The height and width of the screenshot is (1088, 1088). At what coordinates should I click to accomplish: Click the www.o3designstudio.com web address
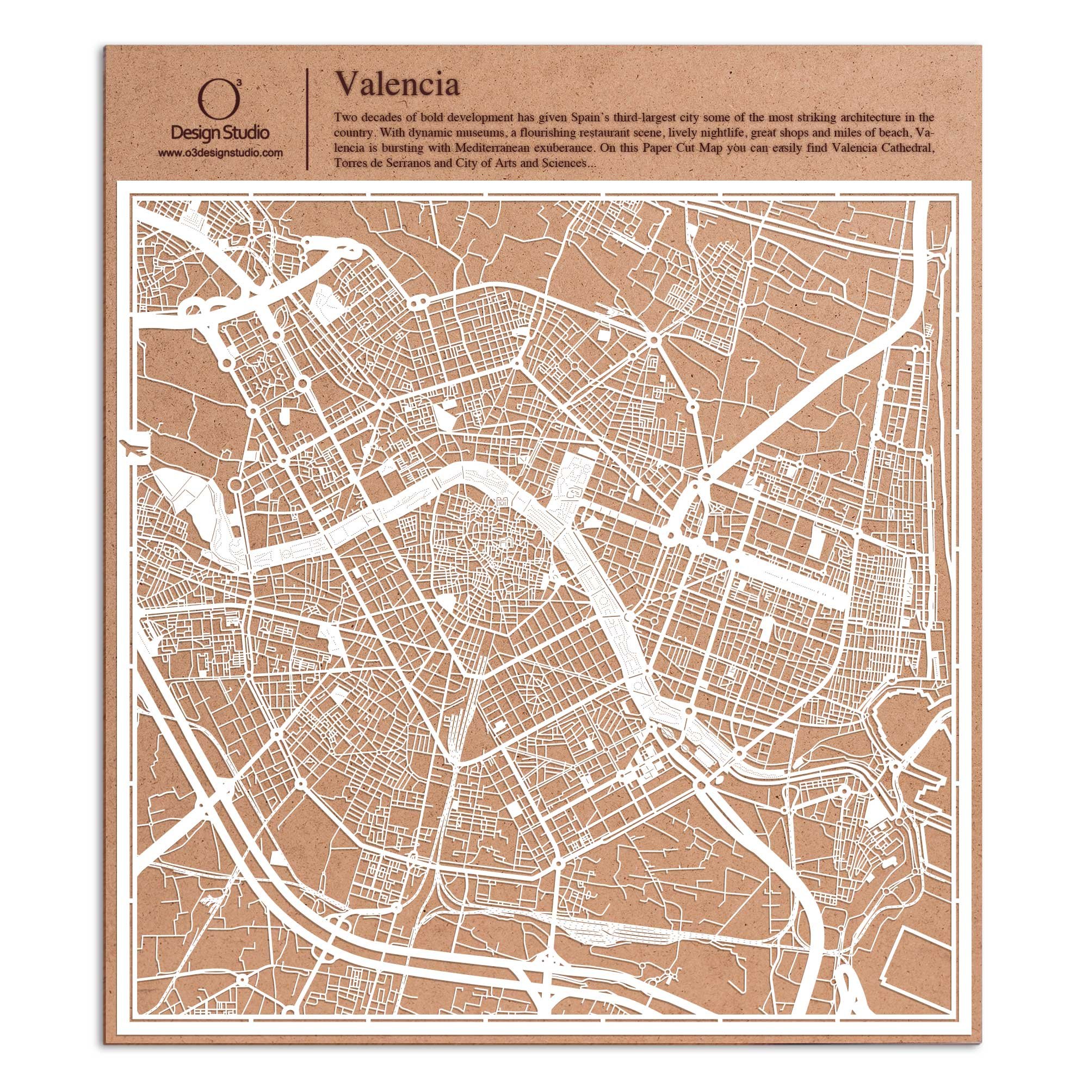point(220,153)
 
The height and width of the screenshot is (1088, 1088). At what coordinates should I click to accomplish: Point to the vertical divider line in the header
point(306,118)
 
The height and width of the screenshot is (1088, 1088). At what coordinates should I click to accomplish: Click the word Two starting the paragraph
point(345,118)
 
